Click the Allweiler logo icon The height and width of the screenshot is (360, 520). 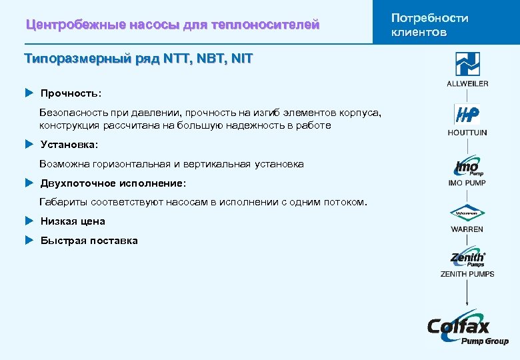467,65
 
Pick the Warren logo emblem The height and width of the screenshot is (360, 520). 467,214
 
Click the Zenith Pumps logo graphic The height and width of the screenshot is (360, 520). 467,259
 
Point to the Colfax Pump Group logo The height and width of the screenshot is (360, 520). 467,329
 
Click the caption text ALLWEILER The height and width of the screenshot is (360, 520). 467,84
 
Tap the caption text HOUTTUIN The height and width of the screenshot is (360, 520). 467,133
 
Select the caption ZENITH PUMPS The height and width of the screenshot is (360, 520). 467,273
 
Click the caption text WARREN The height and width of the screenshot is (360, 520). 467,229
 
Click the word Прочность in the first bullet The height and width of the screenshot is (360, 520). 70,93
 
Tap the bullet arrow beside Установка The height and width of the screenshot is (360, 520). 29,143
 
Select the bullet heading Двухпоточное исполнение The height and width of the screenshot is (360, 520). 113,183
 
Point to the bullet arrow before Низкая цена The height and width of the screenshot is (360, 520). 29,221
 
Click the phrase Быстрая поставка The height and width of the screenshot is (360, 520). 89,240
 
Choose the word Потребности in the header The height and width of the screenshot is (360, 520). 430,18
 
